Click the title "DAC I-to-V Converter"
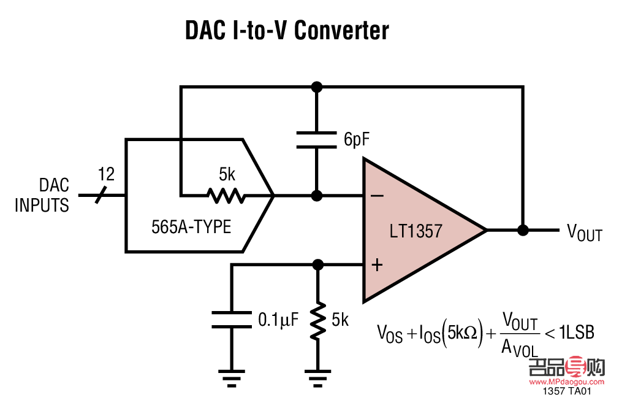[x=287, y=31]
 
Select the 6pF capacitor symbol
[x=317, y=139]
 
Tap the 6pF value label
[x=357, y=140]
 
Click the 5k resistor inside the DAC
[x=226, y=196]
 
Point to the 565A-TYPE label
[x=191, y=227]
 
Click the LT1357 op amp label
[x=416, y=231]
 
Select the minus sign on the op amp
[x=378, y=196]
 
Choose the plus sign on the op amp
[x=378, y=265]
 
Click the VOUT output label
[x=584, y=233]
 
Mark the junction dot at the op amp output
[x=523, y=230]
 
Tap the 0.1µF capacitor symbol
[x=232, y=320]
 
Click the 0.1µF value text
[x=278, y=320]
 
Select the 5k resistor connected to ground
[x=317, y=321]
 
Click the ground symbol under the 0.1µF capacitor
[x=232, y=376]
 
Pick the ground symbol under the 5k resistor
[x=317, y=376]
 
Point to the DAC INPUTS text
[x=42, y=195]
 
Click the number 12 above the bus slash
[x=106, y=175]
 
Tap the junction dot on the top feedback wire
[x=317, y=87]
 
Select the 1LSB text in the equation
[x=576, y=333]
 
